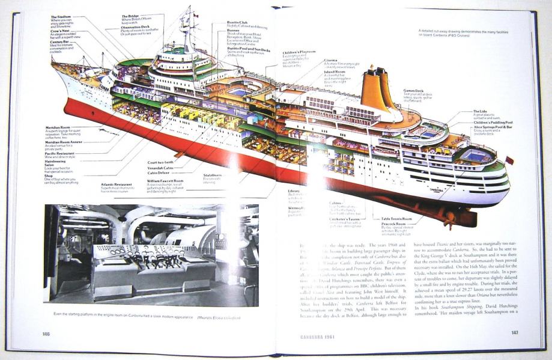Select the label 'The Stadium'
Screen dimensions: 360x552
point(61,17)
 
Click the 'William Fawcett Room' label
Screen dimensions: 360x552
point(166,180)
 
